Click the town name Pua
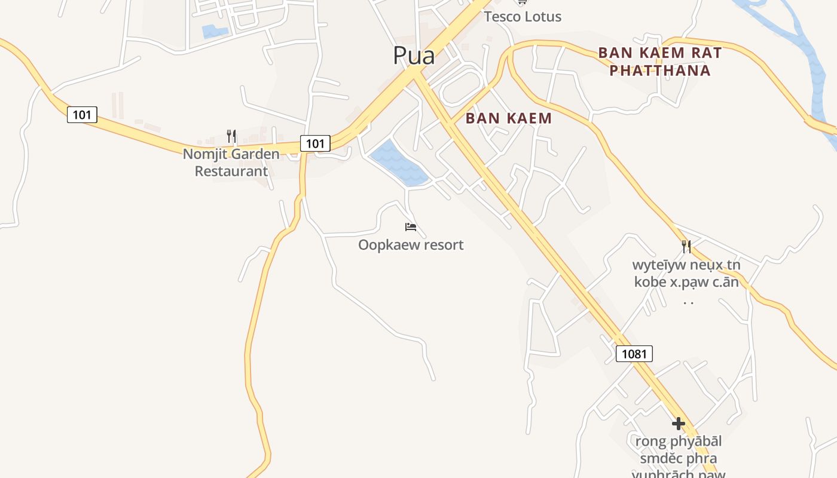point(414,56)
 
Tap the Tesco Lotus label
point(523,17)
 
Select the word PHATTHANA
point(660,71)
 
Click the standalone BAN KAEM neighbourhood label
point(508,118)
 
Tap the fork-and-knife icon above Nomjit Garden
point(231,136)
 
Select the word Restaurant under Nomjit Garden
point(231,171)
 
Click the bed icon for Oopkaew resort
point(411,227)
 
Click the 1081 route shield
point(634,354)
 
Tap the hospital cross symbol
point(678,424)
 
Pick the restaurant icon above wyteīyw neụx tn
point(686,246)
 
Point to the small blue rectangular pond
point(215,31)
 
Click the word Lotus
point(542,17)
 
